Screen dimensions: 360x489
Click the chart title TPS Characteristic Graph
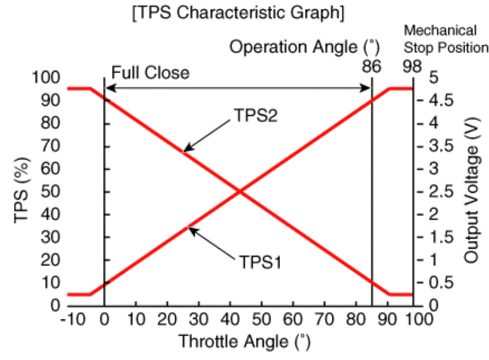click(238, 13)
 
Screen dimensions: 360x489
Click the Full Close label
click(149, 73)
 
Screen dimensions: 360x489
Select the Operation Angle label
click(305, 47)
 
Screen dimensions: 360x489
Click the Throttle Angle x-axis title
click(245, 342)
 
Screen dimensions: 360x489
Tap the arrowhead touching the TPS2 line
click(185, 151)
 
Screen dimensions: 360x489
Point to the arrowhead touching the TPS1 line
click(191, 230)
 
